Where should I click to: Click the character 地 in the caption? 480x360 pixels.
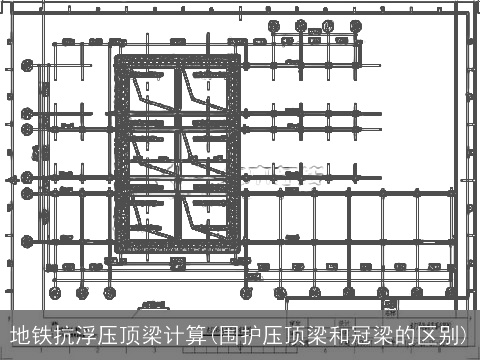[21, 335]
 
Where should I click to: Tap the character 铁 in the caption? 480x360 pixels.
[44, 335]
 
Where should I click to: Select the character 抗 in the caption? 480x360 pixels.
[68, 335]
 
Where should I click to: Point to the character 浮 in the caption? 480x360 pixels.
[92, 335]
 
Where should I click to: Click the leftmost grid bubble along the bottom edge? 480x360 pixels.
[56, 293]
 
